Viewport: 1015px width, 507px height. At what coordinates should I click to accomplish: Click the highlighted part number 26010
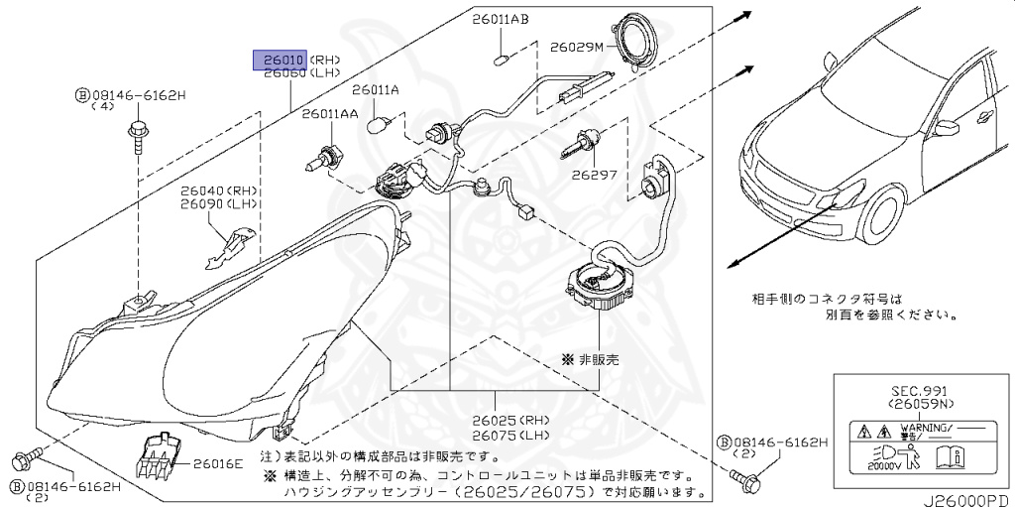tap(281, 59)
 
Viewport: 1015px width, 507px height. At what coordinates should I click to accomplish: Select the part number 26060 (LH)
tap(281, 73)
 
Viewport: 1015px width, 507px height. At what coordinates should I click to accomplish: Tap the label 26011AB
tap(500, 20)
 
